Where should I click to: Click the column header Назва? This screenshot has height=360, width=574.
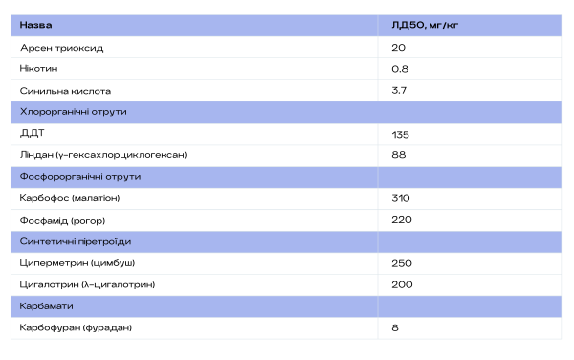point(35,25)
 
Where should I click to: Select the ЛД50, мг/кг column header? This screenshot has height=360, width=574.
point(425,25)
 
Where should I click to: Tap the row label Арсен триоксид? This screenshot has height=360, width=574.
point(62,48)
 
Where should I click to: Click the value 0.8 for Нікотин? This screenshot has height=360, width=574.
point(400,69)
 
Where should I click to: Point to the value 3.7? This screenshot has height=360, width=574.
point(399,90)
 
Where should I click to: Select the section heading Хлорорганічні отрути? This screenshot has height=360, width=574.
point(74,112)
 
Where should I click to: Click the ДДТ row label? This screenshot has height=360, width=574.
point(33,133)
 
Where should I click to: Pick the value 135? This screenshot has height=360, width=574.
point(400,135)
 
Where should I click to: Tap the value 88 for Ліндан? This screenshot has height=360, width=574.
point(399,155)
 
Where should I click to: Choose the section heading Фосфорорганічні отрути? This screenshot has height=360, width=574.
point(80,177)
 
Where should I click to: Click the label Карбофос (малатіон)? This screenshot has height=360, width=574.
point(70,198)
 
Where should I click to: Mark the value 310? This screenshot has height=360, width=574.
point(401,198)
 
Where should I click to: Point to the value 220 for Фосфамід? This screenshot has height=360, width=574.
point(402,220)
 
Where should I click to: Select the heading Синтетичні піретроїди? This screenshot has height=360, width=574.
point(76,241)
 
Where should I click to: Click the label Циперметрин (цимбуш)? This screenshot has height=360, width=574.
point(77,263)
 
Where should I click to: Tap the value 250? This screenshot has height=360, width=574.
point(402,263)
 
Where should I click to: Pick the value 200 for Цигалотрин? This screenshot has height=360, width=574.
point(402,284)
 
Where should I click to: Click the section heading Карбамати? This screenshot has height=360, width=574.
point(46,306)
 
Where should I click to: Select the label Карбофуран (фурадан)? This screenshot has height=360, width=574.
point(76,327)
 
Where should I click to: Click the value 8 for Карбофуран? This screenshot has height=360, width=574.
point(395,327)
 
